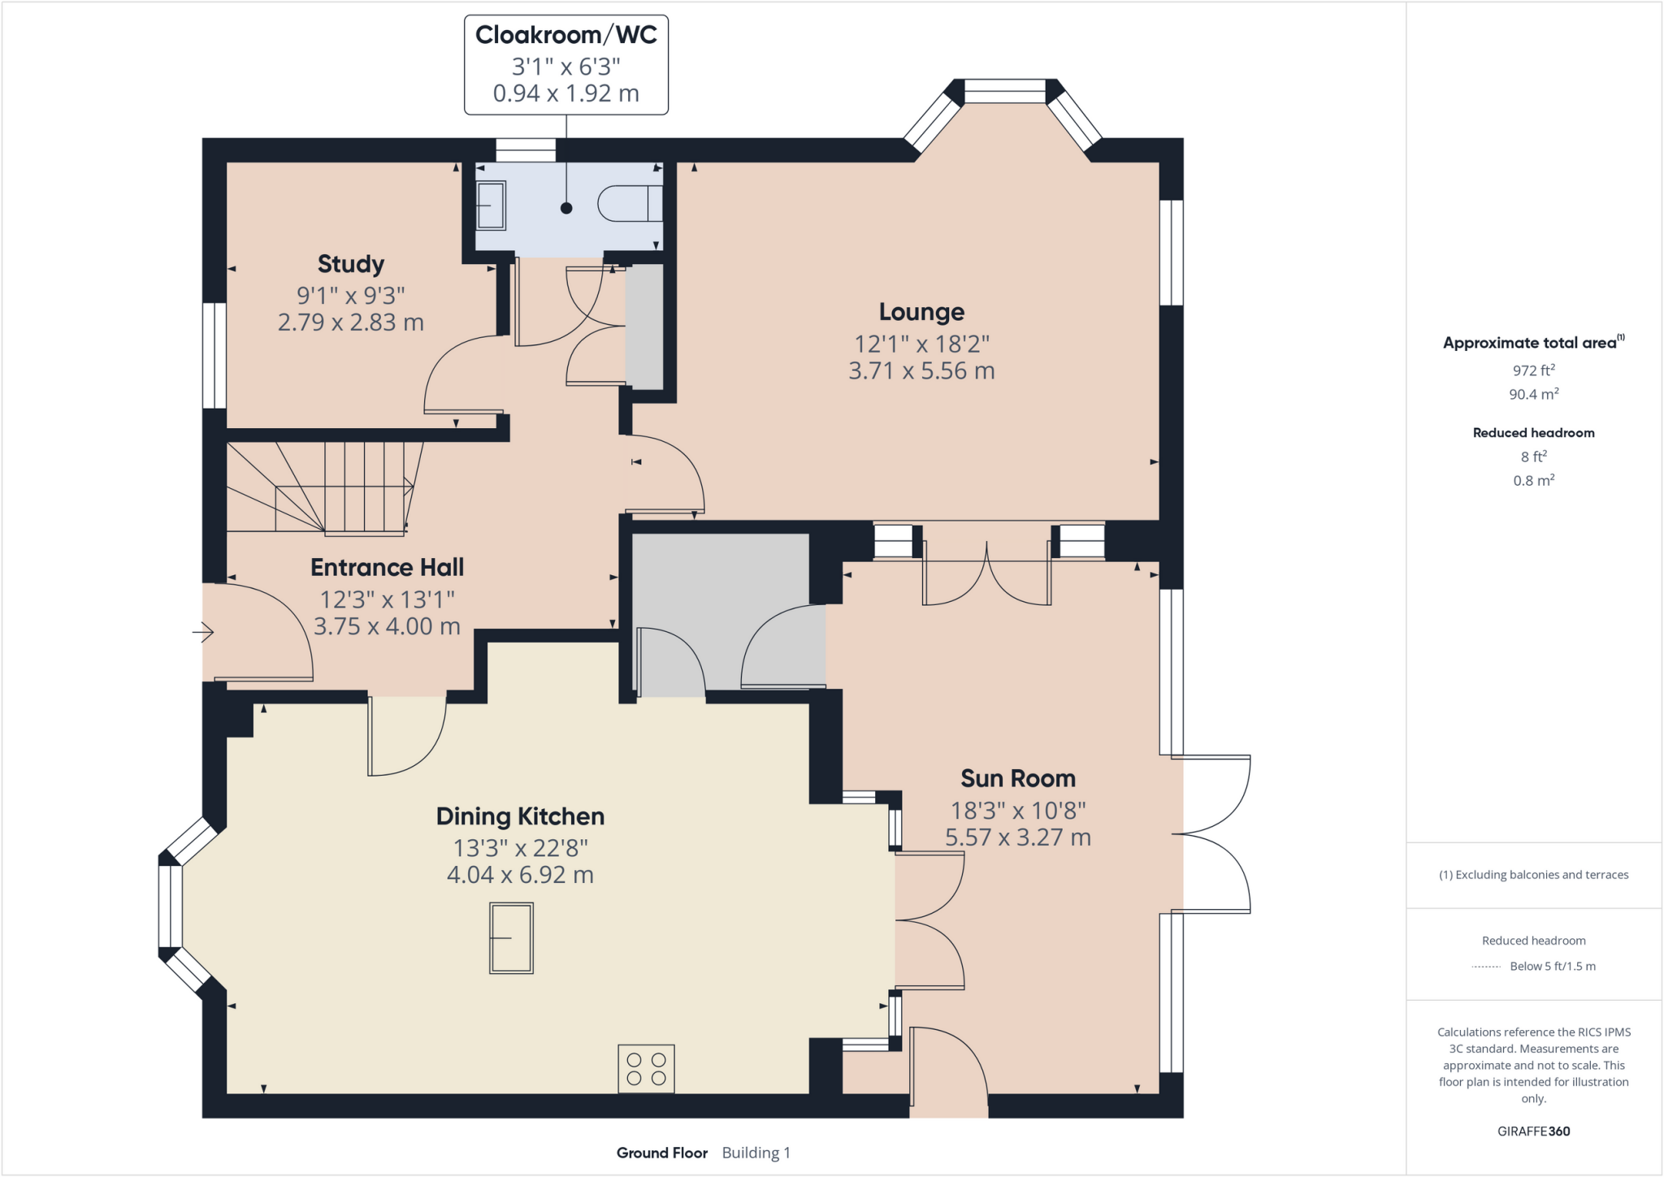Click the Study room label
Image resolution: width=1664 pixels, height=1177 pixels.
point(350,264)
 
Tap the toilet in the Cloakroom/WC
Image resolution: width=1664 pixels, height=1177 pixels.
point(629,204)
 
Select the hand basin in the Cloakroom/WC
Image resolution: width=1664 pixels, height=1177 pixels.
point(491,205)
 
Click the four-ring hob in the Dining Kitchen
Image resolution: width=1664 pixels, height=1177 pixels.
point(646,1069)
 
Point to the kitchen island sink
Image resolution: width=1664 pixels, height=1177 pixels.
point(511,938)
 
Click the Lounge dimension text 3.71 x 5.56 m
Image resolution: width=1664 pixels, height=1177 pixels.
point(921,371)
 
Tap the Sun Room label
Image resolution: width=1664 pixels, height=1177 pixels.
point(1017,778)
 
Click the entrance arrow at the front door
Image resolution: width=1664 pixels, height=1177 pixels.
point(203,631)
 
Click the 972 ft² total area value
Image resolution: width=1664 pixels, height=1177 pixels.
point(1533,370)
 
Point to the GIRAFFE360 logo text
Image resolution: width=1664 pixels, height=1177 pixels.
point(1533,1131)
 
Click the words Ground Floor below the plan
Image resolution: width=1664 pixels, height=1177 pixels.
point(661,1153)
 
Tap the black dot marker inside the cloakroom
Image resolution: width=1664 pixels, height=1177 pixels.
point(566,208)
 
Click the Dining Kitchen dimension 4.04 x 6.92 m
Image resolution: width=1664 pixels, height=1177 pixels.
point(520,875)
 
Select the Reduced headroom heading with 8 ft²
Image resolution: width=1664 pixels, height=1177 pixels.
point(1533,433)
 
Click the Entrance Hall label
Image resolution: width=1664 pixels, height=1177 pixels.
point(387,567)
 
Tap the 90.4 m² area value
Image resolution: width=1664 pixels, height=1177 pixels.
point(1533,395)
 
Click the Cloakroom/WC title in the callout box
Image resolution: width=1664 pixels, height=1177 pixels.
point(565,35)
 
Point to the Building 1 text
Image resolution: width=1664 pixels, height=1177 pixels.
point(756,1153)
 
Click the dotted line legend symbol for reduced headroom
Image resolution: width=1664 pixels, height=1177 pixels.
point(1485,967)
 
